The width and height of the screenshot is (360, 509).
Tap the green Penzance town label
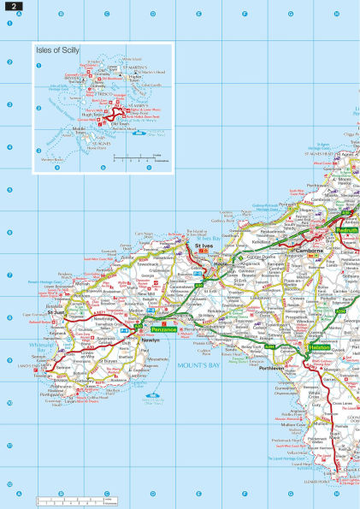(x=163, y=328)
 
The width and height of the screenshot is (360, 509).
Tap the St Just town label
(x=56, y=313)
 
